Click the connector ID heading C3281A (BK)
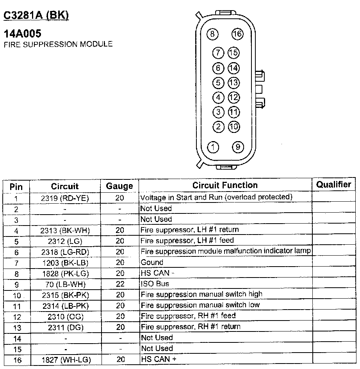(36, 15)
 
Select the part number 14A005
(22, 34)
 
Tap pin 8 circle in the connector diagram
(213, 34)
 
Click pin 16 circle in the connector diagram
(237, 34)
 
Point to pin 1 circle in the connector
(213, 147)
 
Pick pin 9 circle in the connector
(238, 147)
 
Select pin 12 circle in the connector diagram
(233, 97)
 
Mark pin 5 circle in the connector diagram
(219, 83)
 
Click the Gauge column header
(119, 186)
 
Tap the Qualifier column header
(333, 185)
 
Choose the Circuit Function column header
(225, 185)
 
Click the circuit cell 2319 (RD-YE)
(65, 198)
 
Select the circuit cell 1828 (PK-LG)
(65, 274)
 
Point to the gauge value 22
(120, 284)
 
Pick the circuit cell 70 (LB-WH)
(65, 285)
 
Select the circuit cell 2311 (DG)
(65, 327)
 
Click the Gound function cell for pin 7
(152, 262)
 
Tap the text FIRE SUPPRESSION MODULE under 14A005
(58, 44)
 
